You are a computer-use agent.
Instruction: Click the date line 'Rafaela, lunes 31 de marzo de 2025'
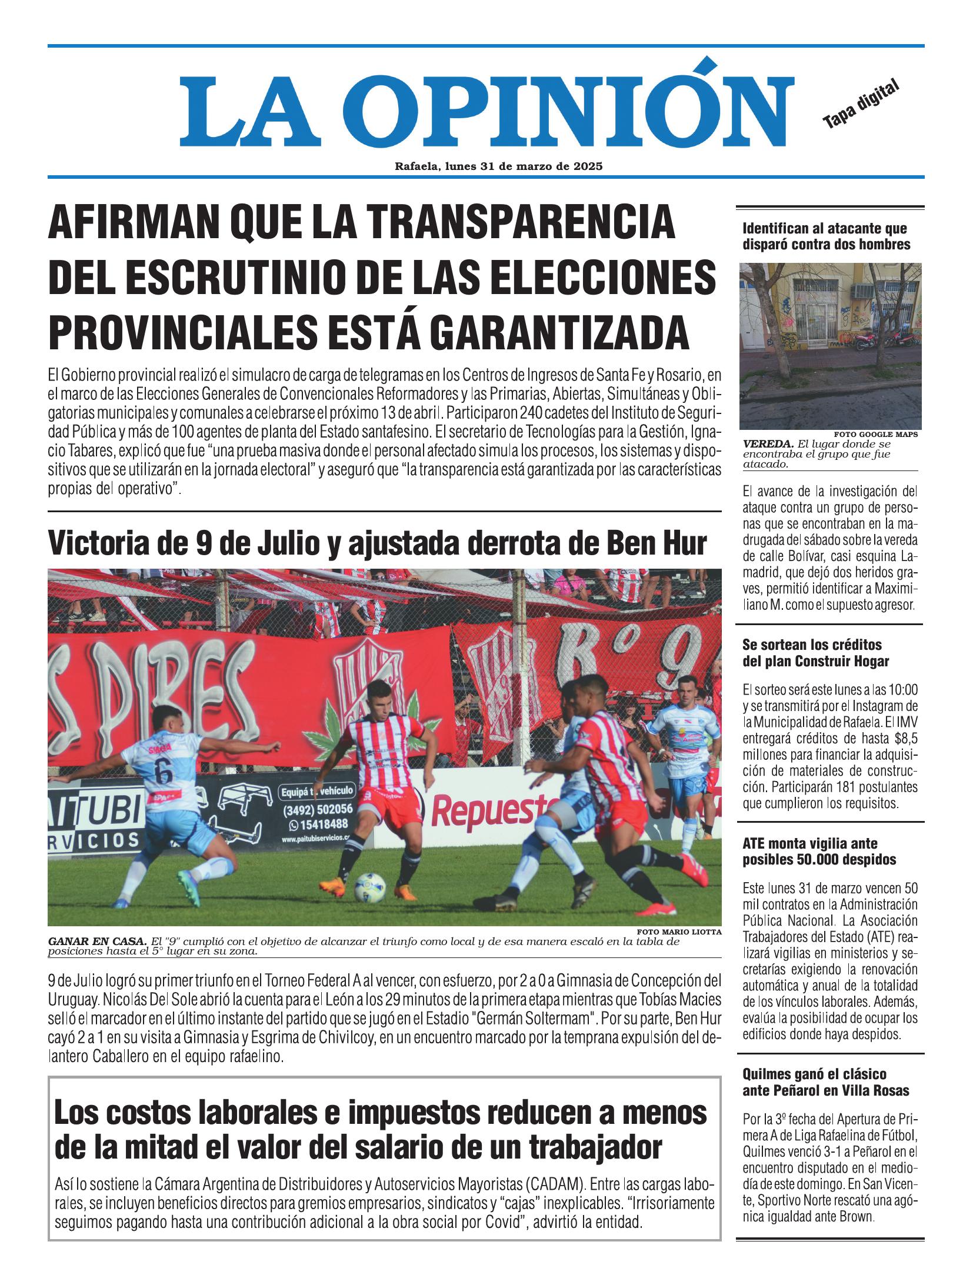498,166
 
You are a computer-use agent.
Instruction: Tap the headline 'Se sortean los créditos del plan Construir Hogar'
815,653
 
